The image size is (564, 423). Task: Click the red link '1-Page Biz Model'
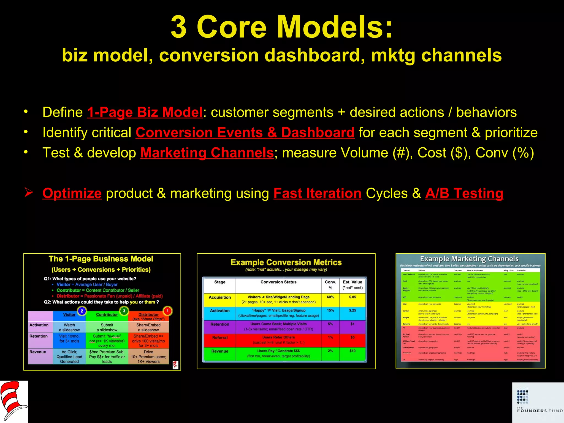tap(145, 113)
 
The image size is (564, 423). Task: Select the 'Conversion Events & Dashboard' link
tap(245, 133)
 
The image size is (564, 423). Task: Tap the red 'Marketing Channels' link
tap(207, 153)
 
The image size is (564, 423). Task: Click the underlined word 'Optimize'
tap(72, 193)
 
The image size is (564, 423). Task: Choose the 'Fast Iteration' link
tap(317, 193)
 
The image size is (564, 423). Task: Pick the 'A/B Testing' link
tap(464, 193)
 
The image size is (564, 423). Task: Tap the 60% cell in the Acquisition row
tap(330, 297)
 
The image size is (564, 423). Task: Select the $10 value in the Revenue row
tap(352, 351)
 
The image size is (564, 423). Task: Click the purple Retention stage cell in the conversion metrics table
tap(220, 325)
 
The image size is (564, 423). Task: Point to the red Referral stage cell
tap(220, 338)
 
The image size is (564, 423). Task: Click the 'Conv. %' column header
tap(330, 285)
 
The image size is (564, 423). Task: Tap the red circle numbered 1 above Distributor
tap(167, 311)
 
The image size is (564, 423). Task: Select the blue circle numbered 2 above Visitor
tap(82, 311)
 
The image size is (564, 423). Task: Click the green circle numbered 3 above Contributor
tap(124, 311)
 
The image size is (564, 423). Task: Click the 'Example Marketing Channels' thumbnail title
tap(469, 259)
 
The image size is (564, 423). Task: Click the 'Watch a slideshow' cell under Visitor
tap(69, 327)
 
